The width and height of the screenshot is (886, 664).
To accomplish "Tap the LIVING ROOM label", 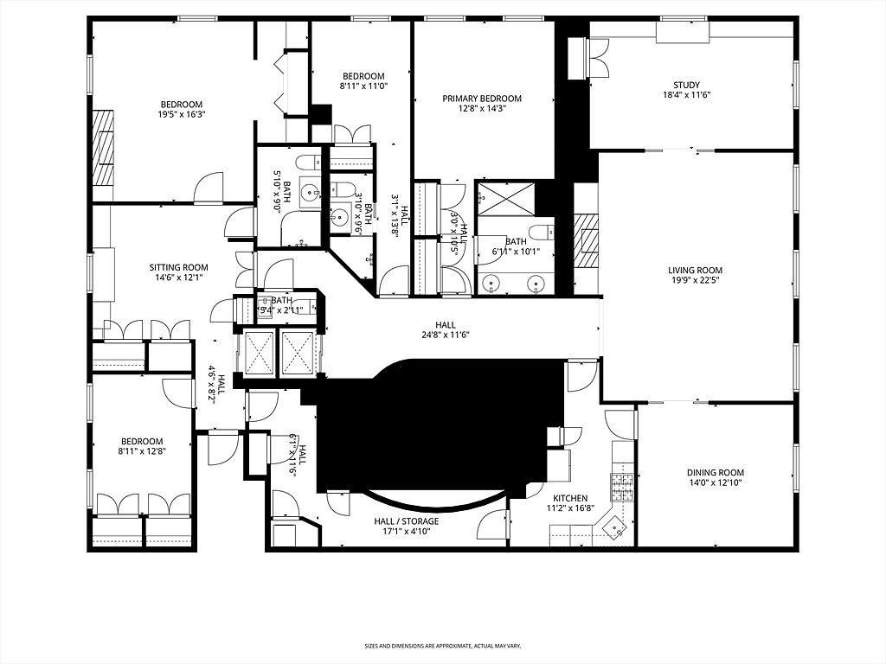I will tap(695, 270).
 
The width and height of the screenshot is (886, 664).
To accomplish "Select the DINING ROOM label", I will tap(715, 472).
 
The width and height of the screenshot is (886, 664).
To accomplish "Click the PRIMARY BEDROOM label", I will tap(482, 99).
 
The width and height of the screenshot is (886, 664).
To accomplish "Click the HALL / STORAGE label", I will tap(406, 521).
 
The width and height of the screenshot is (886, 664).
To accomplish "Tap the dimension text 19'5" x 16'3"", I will tap(181, 114).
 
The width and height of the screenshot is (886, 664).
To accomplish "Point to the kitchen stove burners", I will tap(622, 488).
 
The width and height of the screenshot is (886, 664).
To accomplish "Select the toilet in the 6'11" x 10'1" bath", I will tap(542, 232).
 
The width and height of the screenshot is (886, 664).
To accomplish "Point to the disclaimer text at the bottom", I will tap(442, 646).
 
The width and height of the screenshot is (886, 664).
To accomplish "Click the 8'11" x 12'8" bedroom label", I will tap(141, 450).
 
